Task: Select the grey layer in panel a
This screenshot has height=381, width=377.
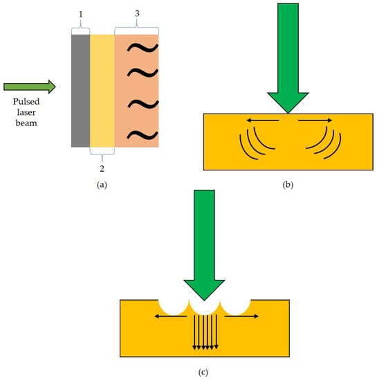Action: pos(80,90)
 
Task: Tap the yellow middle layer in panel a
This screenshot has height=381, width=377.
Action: pos(102,90)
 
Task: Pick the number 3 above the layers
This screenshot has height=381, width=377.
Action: pos(136,12)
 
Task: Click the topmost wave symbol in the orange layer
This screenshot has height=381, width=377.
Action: pos(144,48)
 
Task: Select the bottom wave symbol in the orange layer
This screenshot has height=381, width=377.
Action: pos(144,134)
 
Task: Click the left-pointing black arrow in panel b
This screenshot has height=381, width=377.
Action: pos(262,121)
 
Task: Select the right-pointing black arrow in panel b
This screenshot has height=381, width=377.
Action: pos(315,121)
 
